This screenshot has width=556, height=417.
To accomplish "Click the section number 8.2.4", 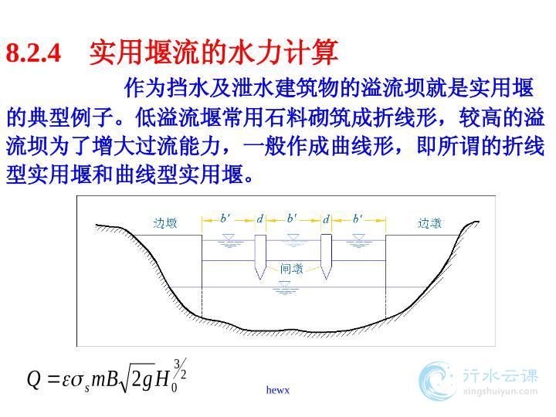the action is pyautogui.click(x=34, y=53).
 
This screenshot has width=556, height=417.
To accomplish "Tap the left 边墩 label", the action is pyautogui.click(x=165, y=223).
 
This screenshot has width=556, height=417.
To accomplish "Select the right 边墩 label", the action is pyautogui.click(x=429, y=223).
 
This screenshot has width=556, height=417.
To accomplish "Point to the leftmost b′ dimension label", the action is pyautogui.click(x=225, y=218).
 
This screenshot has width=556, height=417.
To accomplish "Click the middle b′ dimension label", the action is pyautogui.click(x=292, y=218).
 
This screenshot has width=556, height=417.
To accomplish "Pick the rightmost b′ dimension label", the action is pyautogui.click(x=358, y=218).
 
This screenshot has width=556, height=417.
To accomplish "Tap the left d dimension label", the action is pyautogui.click(x=260, y=219).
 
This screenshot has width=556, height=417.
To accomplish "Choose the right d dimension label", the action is pyautogui.click(x=326, y=219).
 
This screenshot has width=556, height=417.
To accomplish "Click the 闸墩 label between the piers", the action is pyautogui.click(x=292, y=269).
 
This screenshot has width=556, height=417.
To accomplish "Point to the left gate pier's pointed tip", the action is pyautogui.click(x=261, y=280).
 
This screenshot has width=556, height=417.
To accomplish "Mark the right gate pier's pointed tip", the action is pyautogui.click(x=326, y=280).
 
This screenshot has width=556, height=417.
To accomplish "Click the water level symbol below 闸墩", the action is pyautogui.click(x=285, y=287).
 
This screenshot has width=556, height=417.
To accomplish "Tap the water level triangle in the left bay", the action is pyautogui.click(x=229, y=237).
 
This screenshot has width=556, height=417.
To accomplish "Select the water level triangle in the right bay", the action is pyautogui.click(x=358, y=237).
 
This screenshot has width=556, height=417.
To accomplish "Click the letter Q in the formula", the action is pyautogui.click(x=35, y=379).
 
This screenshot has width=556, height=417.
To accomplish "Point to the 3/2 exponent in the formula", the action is pyautogui.click(x=180, y=369).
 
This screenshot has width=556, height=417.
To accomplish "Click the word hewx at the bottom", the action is pyautogui.click(x=278, y=390).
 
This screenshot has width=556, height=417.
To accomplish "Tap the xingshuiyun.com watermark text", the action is pyautogui.click(x=500, y=392).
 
